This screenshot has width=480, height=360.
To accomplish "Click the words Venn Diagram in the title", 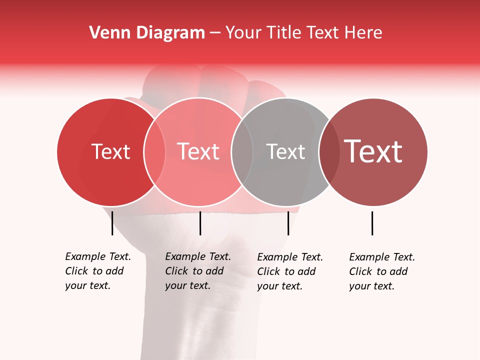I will tap(147, 33).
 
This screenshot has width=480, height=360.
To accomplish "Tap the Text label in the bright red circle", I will tap(110, 152).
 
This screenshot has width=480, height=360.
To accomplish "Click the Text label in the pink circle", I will tap(198, 152).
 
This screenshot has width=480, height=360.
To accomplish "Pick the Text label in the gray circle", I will tap(285, 152).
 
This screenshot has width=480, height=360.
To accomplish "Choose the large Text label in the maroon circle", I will tap(373, 151).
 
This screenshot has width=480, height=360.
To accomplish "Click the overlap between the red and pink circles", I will tap(154, 152).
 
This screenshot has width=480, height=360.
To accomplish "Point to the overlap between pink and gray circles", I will tap(242, 152).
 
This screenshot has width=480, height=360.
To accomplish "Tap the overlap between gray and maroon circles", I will tap(329, 152).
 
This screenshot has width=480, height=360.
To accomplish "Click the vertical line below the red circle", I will tap(112, 223).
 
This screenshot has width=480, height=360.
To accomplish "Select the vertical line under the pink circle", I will tap(200, 223).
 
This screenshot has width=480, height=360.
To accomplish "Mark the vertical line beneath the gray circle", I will tap(288, 223).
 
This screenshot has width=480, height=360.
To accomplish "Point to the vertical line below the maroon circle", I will tap(372, 223).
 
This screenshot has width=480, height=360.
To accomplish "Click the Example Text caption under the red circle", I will tap(98, 271).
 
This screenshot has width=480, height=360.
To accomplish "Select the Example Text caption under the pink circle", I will tap(198, 271).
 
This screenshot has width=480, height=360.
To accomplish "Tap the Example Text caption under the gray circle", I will tap(290, 271).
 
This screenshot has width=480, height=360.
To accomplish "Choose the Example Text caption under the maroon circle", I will tap(382, 271).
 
